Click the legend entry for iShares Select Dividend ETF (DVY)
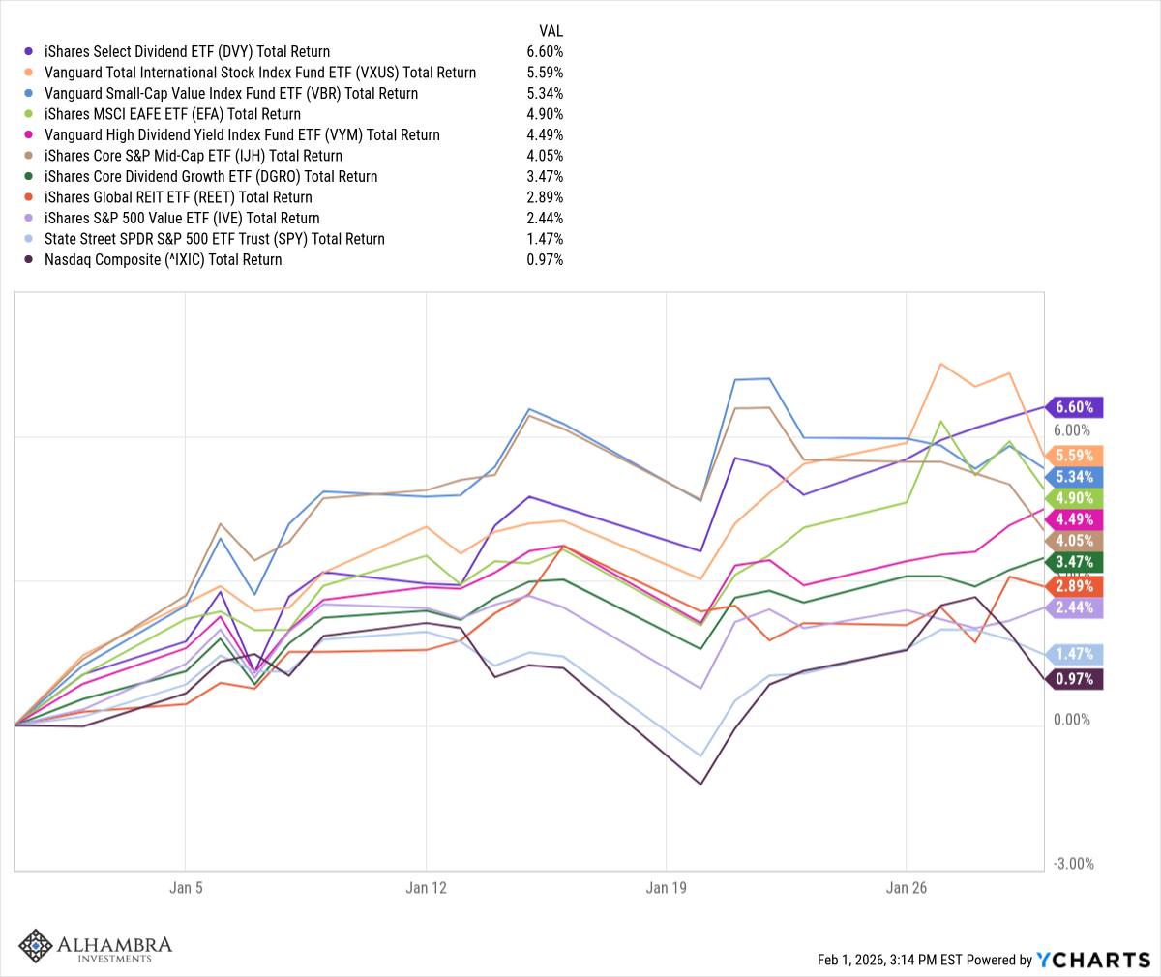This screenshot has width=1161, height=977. click(x=187, y=52)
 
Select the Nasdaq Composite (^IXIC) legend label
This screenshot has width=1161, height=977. click(x=163, y=260)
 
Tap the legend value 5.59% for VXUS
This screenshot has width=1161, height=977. click(x=545, y=73)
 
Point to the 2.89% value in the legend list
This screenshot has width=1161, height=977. click(x=545, y=197)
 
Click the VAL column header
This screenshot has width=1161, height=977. click(x=551, y=31)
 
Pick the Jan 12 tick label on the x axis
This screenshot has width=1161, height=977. click(x=426, y=888)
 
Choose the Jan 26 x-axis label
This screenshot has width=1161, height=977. click(x=906, y=888)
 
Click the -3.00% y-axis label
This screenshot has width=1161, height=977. click(x=1072, y=864)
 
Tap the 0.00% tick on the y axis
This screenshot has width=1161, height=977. click(x=1072, y=720)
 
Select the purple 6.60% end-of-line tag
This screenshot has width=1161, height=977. click(x=1074, y=407)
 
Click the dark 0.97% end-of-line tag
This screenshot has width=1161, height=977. click(x=1074, y=679)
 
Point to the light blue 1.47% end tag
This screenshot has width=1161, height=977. click(x=1074, y=655)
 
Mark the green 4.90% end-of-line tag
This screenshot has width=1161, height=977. click(x=1074, y=498)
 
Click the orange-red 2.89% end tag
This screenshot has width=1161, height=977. click(x=1074, y=586)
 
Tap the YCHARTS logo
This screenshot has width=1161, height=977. click(x=1093, y=960)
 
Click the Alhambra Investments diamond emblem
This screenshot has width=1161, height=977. click(x=36, y=946)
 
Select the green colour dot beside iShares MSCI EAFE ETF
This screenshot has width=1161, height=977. click(x=29, y=114)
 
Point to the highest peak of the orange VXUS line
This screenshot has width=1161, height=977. click(x=940, y=364)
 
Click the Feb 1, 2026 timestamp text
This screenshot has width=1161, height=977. click(x=890, y=961)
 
